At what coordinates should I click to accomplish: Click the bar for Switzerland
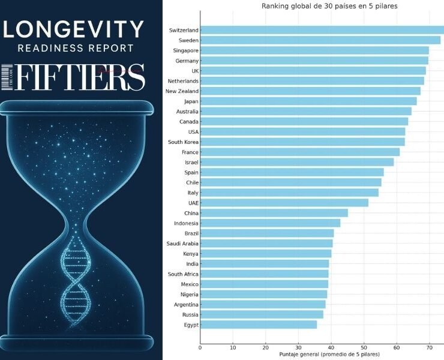coord(322,30)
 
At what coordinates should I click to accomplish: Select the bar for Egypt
coord(259,325)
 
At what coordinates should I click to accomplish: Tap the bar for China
coord(274,213)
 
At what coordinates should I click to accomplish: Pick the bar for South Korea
coord(302,142)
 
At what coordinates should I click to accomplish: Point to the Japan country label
coord(191,101)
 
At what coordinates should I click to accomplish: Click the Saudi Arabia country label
coord(182,244)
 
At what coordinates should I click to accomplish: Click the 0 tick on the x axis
coord(200,347)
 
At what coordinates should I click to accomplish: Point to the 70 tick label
coord(429,347)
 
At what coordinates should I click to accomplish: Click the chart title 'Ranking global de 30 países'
coord(329,6)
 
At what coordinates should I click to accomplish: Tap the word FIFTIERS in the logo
coord(81,77)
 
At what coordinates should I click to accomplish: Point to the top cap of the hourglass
coord(81,107)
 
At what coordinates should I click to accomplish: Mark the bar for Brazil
coord(267,233)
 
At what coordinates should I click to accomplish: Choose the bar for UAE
coord(284,203)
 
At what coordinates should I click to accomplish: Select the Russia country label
coord(190,314)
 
